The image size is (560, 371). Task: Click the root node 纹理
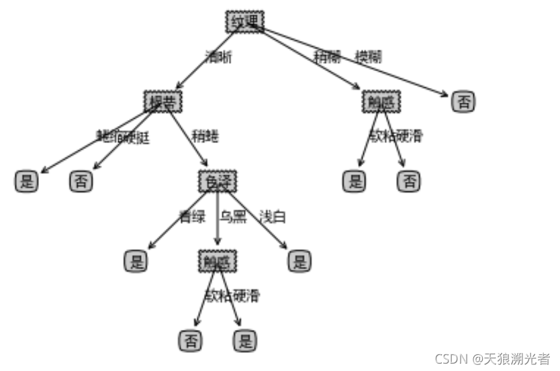tap(245, 21)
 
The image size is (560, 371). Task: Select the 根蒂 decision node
tap(163, 101)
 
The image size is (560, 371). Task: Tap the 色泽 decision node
tap(218, 181)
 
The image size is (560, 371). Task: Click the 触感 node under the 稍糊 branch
tap(381, 101)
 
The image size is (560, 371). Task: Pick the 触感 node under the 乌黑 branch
tap(218, 261)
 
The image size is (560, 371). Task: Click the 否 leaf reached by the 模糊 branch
tap(463, 101)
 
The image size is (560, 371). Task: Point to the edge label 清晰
tap(218, 58)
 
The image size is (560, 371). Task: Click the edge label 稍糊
tap(327, 57)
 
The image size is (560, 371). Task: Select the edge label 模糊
tap(368, 57)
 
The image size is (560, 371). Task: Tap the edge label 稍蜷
tap(205, 137)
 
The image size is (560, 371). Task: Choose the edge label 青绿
tap(191, 217)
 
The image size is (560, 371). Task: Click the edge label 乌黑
tap(232, 217)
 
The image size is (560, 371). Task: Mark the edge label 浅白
tap(273, 217)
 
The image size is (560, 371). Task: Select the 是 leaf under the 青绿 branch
tap(136, 261)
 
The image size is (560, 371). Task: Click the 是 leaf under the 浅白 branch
tap(299, 261)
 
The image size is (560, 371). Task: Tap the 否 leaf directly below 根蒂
tap(81, 181)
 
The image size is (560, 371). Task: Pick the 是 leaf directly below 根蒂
tap(27, 181)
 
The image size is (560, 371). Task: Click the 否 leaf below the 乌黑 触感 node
tap(190, 341)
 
